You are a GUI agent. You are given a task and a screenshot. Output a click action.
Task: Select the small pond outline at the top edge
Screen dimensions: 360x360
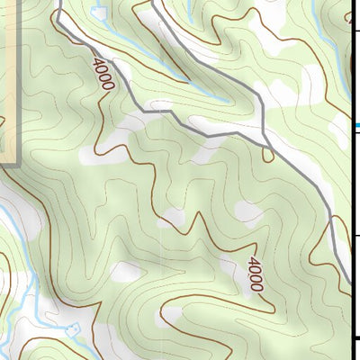[99, 19]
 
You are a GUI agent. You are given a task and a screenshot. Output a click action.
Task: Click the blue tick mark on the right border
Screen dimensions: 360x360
[355, 126]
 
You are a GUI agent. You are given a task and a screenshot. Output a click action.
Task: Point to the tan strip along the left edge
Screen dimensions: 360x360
[9, 81]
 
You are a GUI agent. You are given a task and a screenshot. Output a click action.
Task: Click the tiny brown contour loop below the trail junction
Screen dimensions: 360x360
[268, 155]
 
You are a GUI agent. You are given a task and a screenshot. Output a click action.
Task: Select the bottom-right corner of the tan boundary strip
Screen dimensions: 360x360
[18, 164]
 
